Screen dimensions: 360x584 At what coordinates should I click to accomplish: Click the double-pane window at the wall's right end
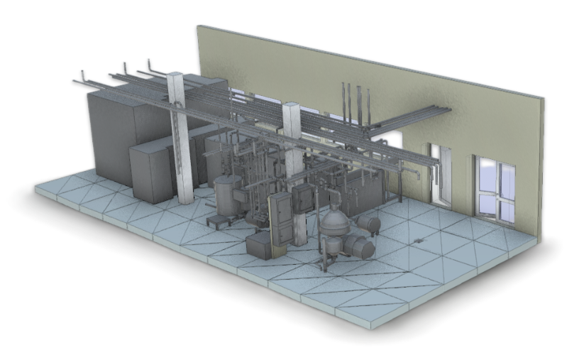coord(497,188)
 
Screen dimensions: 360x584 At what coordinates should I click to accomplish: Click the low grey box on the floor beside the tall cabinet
coord(258,246)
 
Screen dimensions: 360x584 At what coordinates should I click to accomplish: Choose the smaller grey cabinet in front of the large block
coord(150,172)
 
